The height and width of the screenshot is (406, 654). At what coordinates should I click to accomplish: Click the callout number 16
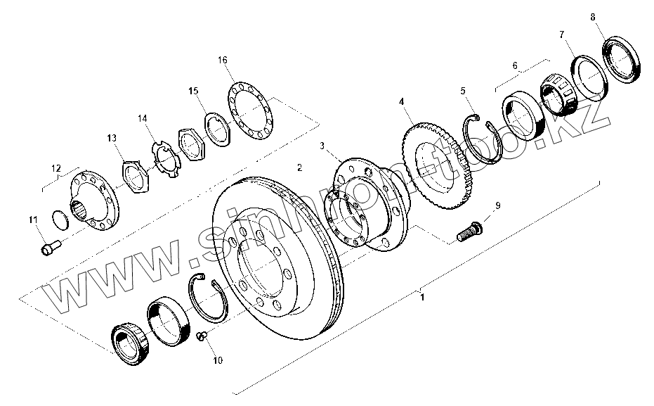(222, 60)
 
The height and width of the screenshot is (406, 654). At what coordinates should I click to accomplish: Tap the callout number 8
(593, 17)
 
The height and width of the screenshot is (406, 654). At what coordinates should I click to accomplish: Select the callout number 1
(422, 298)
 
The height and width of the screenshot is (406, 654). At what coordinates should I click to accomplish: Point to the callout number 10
(218, 360)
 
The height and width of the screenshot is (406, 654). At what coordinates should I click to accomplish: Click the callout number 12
(56, 168)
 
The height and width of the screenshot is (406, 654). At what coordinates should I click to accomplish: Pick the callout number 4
(401, 101)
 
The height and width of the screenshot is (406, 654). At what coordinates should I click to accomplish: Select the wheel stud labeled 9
(470, 231)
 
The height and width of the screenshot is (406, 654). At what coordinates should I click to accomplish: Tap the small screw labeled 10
(202, 336)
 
